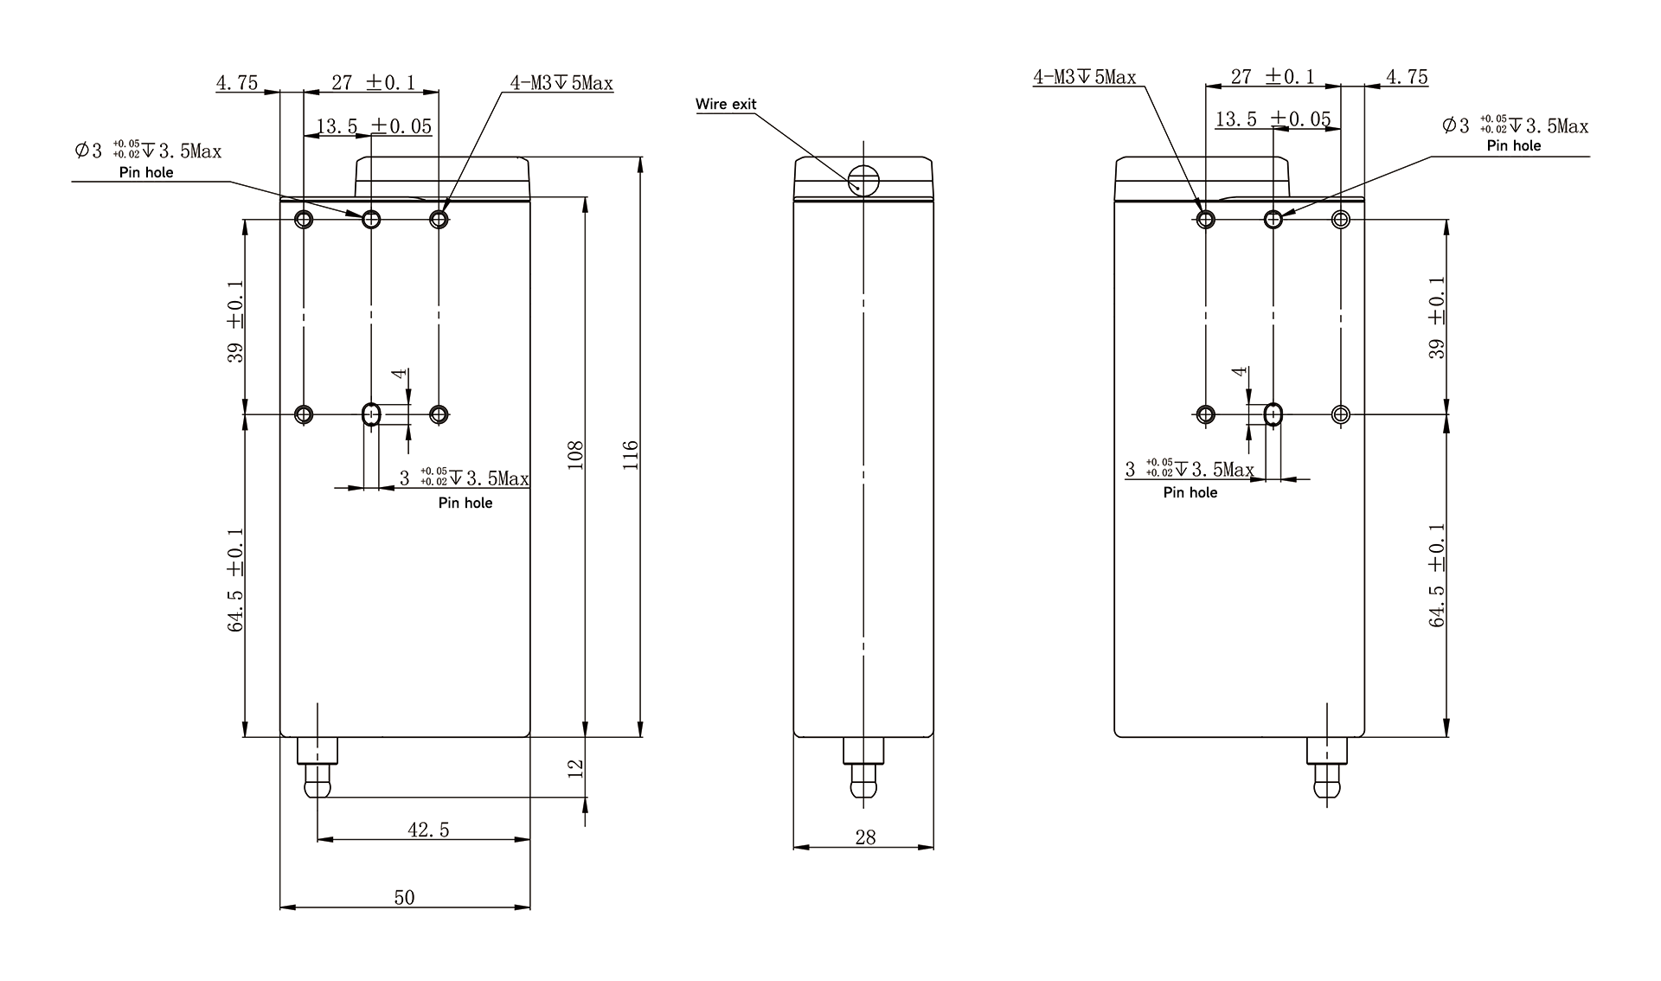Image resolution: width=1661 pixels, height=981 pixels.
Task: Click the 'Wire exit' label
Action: click(726, 105)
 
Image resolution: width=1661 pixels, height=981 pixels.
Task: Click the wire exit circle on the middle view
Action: click(863, 181)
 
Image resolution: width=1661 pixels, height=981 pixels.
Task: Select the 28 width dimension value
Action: click(865, 837)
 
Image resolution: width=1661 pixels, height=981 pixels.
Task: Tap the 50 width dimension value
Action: click(404, 897)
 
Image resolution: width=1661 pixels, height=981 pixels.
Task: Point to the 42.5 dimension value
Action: click(428, 830)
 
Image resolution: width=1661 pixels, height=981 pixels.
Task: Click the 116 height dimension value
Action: click(631, 455)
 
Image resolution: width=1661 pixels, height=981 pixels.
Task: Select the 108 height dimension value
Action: click(576, 455)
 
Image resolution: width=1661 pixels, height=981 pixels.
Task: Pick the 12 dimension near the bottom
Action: click(576, 767)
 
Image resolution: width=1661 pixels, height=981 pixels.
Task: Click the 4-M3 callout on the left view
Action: click(561, 83)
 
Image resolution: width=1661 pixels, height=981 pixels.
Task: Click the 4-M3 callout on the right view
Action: click(1085, 77)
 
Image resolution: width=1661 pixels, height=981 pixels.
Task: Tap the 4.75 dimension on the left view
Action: click(237, 83)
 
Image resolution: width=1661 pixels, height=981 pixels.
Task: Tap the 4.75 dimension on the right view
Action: click(1407, 77)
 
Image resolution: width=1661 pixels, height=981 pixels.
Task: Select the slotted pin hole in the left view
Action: click(371, 414)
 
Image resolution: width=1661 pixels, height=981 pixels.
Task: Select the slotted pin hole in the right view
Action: click(1273, 414)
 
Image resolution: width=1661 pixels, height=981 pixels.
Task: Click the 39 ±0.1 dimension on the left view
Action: click(236, 321)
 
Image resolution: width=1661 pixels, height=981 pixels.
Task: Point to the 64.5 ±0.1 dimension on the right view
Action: click(1437, 574)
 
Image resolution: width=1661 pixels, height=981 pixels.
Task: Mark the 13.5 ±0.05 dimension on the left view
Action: click(374, 126)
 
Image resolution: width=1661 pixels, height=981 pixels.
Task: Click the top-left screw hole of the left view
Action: click(304, 219)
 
